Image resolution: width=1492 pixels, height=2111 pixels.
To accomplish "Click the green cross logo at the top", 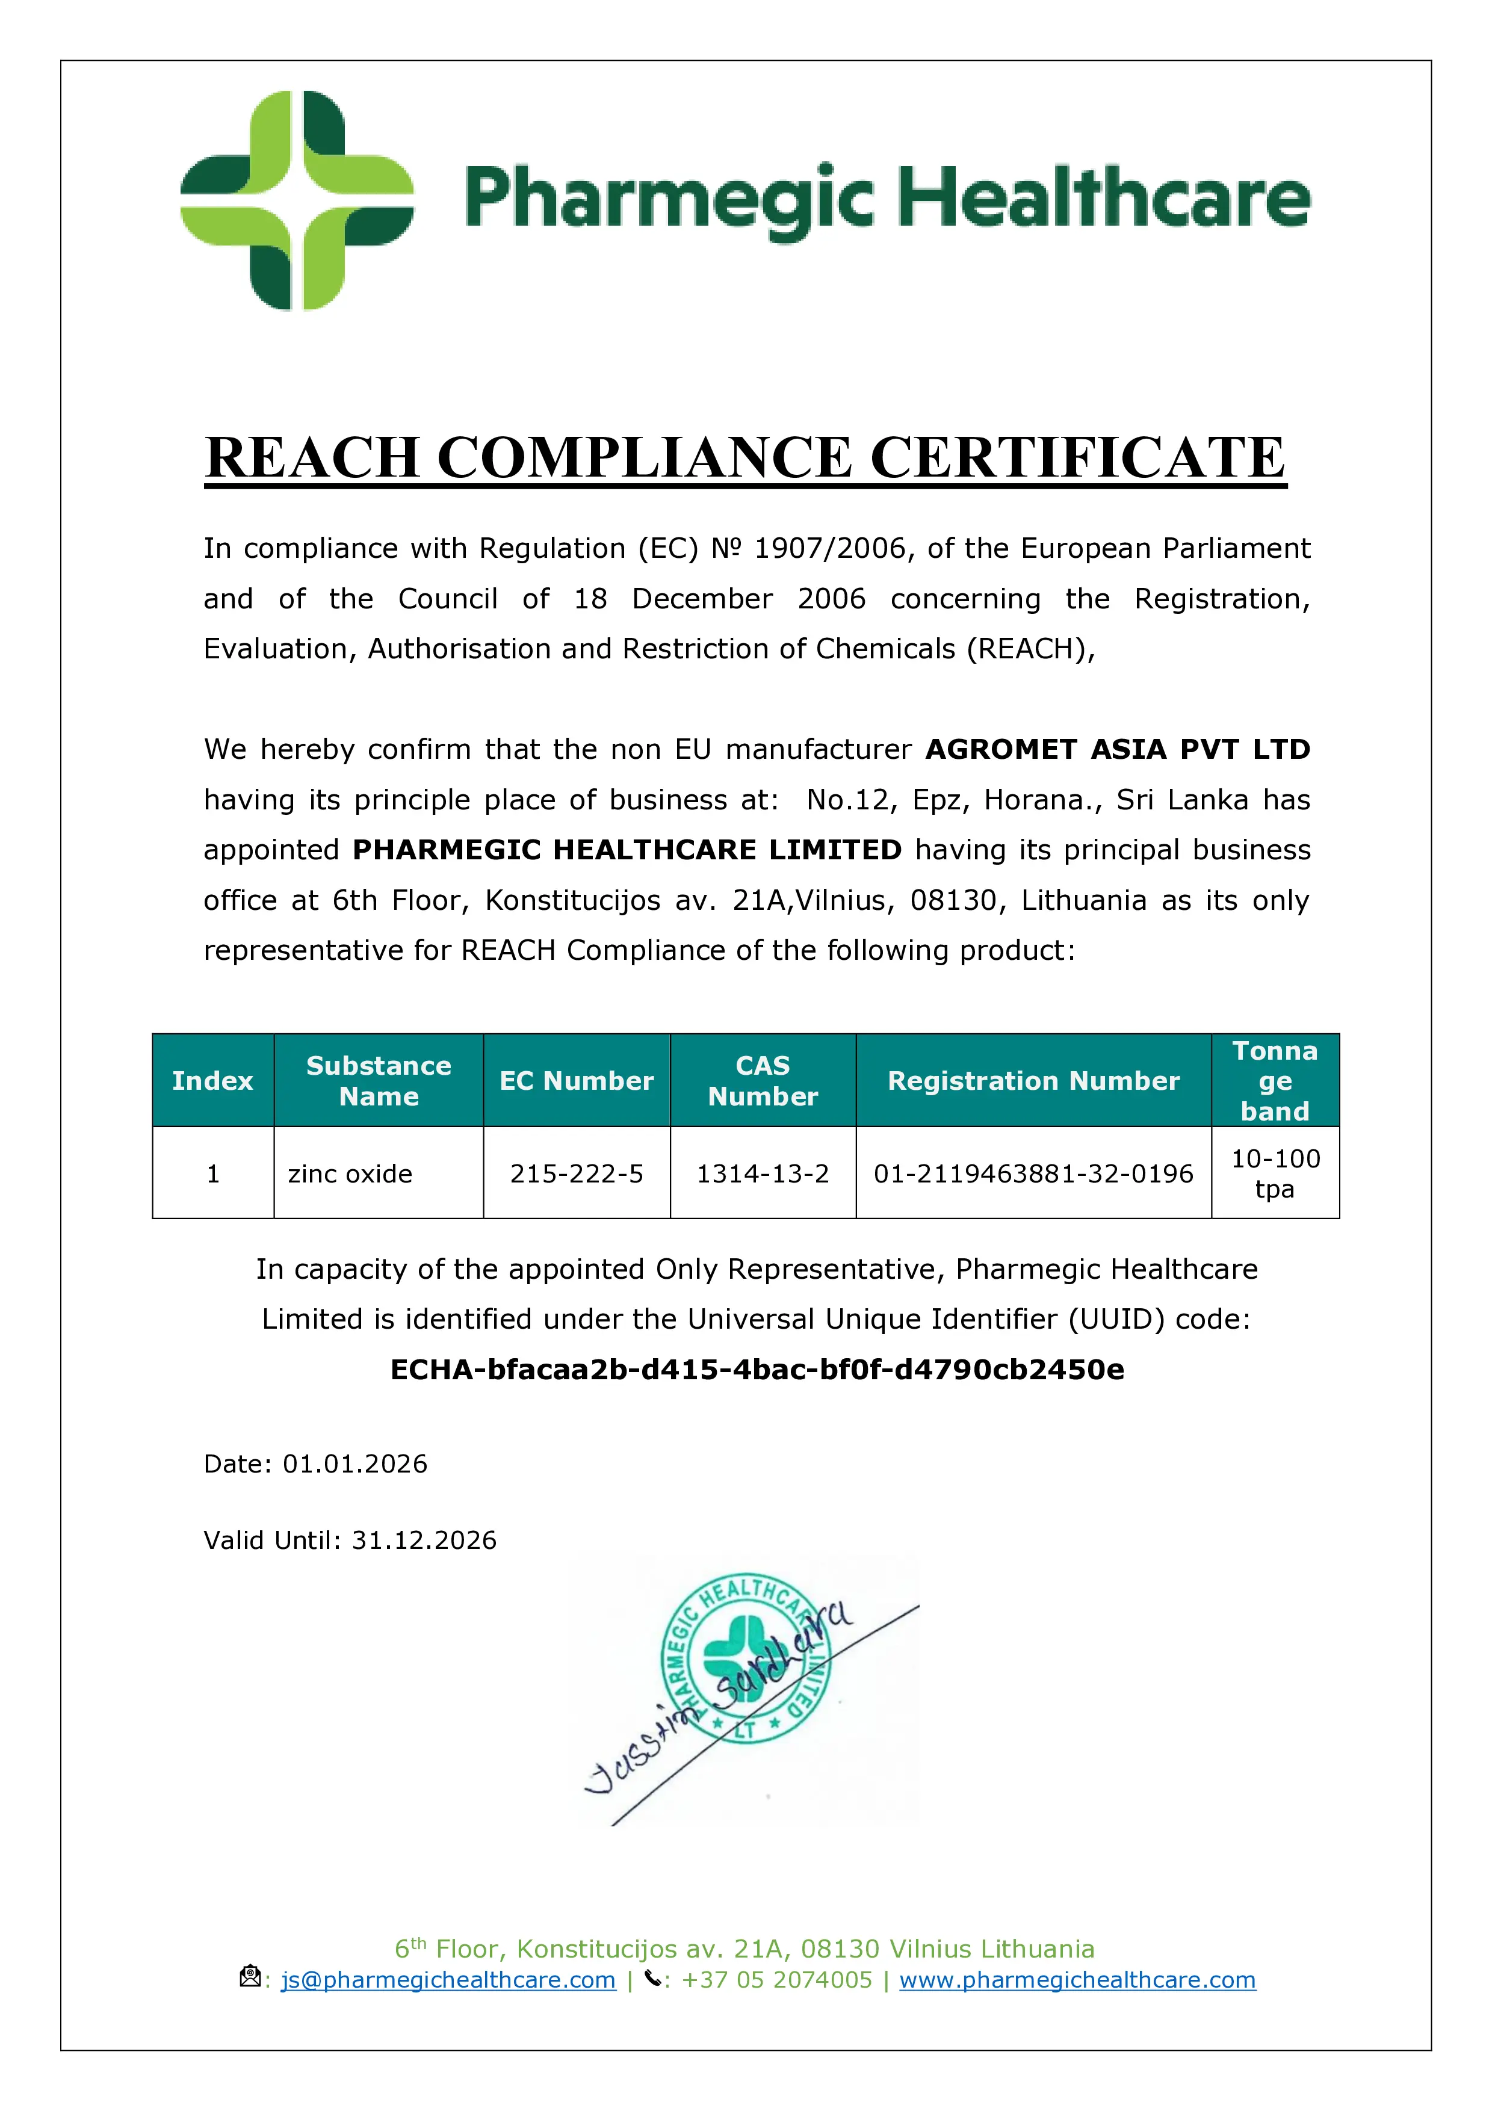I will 296,200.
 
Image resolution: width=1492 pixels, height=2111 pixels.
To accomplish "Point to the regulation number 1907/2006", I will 833,548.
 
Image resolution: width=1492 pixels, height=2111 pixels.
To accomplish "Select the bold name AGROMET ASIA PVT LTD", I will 1117,749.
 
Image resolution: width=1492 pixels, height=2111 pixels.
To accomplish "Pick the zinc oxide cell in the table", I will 350,1173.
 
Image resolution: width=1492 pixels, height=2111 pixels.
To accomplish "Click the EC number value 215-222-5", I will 577,1173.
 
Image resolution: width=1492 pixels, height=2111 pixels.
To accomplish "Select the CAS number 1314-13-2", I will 763,1173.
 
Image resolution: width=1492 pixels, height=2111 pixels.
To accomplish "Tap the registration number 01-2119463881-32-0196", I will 1033,1173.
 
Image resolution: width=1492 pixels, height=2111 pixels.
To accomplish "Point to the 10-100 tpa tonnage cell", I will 1275,1173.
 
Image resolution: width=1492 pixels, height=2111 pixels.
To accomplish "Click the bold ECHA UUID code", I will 757,1370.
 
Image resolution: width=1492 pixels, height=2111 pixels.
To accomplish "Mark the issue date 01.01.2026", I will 355,1463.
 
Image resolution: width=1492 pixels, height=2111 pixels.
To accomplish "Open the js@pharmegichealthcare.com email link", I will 448,1980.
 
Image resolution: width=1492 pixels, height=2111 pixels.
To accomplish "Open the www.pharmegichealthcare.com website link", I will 1077,1980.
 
